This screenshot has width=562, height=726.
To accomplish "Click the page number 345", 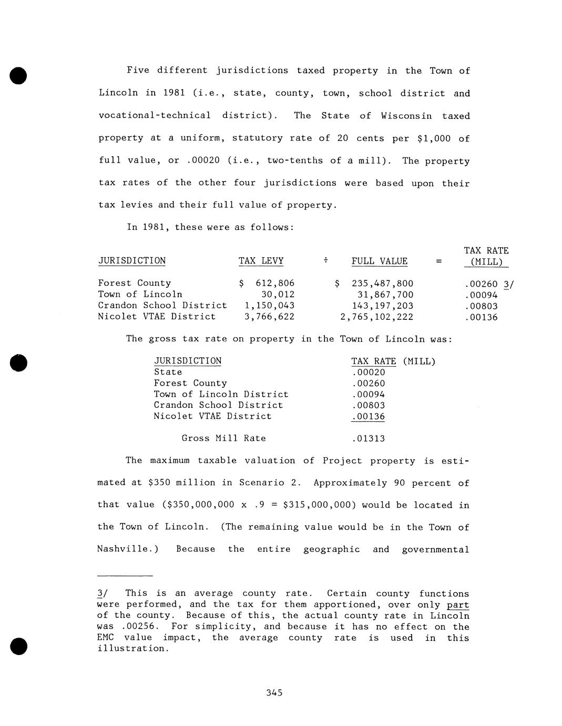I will pos(274,693).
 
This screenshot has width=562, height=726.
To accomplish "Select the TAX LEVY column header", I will pos(261,261).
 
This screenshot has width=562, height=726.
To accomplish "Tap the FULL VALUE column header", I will pos(379,261).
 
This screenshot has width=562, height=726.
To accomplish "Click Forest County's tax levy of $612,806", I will pos(267,284).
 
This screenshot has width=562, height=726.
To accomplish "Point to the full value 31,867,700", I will pos(385,295).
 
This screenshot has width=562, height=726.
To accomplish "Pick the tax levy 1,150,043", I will pos(270,306).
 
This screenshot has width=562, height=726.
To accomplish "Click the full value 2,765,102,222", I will pos(377,317).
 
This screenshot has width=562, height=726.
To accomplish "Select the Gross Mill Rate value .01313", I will pos(369,438).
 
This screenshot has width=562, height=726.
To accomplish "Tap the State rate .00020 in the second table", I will pos(369,372).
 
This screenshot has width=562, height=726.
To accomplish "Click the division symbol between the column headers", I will pos(326,260).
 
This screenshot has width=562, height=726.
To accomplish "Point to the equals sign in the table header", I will pos(439,261).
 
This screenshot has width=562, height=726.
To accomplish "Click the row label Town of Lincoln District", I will pos(221,395).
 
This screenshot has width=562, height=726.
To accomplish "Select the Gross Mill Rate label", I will pos(223,438).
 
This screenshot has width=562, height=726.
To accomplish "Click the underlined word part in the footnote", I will pos(458,605).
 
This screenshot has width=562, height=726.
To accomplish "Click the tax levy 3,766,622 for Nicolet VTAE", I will pos(270,317).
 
